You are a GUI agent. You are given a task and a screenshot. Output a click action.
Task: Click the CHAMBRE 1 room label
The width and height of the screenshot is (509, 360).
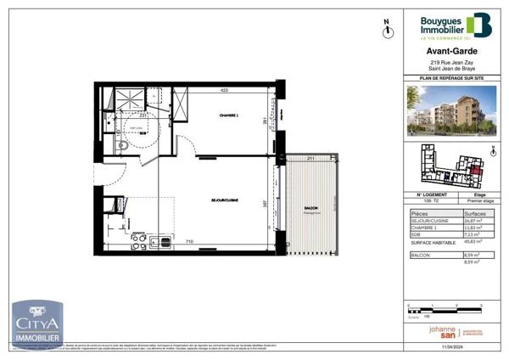pos(227,117)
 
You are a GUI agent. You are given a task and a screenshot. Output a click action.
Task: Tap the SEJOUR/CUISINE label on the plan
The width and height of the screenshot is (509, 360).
pos(224,200)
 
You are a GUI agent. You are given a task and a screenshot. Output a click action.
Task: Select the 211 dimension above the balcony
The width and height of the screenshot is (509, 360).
pos(310,158)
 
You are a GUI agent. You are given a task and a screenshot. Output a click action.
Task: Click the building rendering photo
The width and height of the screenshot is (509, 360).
pos(450,111)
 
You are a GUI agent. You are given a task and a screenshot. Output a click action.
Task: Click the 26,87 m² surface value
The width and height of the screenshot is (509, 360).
pos(472,222)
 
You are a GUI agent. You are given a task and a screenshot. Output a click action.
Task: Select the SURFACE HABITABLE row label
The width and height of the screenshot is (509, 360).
pos(430,242)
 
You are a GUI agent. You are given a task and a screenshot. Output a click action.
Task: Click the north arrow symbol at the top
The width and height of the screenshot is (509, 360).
pos(387,30)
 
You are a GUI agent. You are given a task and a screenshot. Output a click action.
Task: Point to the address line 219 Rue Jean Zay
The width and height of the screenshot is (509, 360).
pos(450,64)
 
